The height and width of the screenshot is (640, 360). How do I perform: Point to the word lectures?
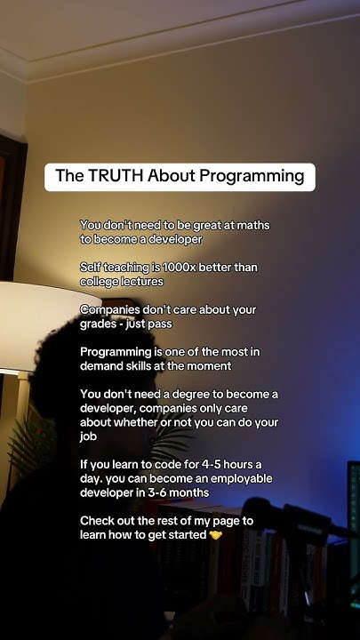[x=138, y=281]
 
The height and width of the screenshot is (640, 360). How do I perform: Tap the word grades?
[x=100, y=324]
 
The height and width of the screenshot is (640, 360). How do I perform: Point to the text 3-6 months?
[x=181, y=492]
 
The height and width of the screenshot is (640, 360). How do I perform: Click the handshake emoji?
[x=215, y=535]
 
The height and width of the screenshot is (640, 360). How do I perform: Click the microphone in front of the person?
[x=302, y=524]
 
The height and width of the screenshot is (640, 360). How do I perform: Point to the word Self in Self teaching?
[x=92, y=268]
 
